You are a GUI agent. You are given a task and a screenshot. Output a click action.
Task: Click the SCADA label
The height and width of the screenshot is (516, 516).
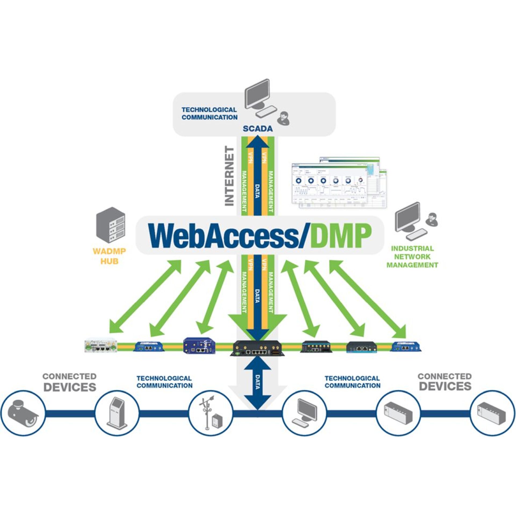coord(257,129)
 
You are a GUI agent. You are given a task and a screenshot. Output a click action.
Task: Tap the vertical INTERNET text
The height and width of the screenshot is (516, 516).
coord(229,176)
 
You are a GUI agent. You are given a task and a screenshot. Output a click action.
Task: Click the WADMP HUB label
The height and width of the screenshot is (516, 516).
coord(109,256)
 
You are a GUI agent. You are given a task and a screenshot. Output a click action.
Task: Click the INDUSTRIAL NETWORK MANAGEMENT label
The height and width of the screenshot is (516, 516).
coord(412,257)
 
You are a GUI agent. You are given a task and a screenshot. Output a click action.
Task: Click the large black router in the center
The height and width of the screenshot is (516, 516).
coord(257,348)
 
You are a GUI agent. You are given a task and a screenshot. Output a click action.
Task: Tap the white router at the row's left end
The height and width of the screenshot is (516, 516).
coord(101,345)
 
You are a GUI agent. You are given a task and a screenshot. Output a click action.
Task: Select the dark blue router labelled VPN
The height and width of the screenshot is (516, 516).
coord(199,346)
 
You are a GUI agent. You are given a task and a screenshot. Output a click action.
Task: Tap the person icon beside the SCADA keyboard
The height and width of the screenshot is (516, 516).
coord(284,118)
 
